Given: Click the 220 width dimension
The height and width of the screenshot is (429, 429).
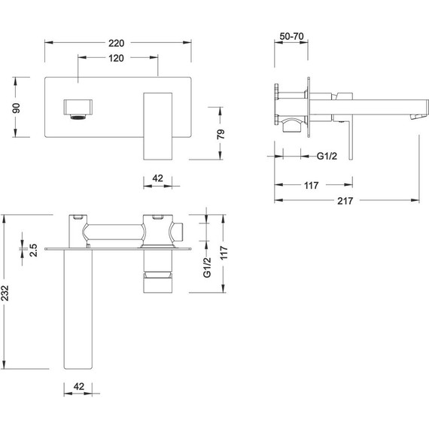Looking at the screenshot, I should pos(117,43).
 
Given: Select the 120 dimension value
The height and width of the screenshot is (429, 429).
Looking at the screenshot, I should pos(117,59).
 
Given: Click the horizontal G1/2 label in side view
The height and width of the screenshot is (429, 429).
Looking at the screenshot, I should pos(327,156).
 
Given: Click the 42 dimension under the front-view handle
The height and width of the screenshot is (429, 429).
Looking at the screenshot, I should pos(158,178).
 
